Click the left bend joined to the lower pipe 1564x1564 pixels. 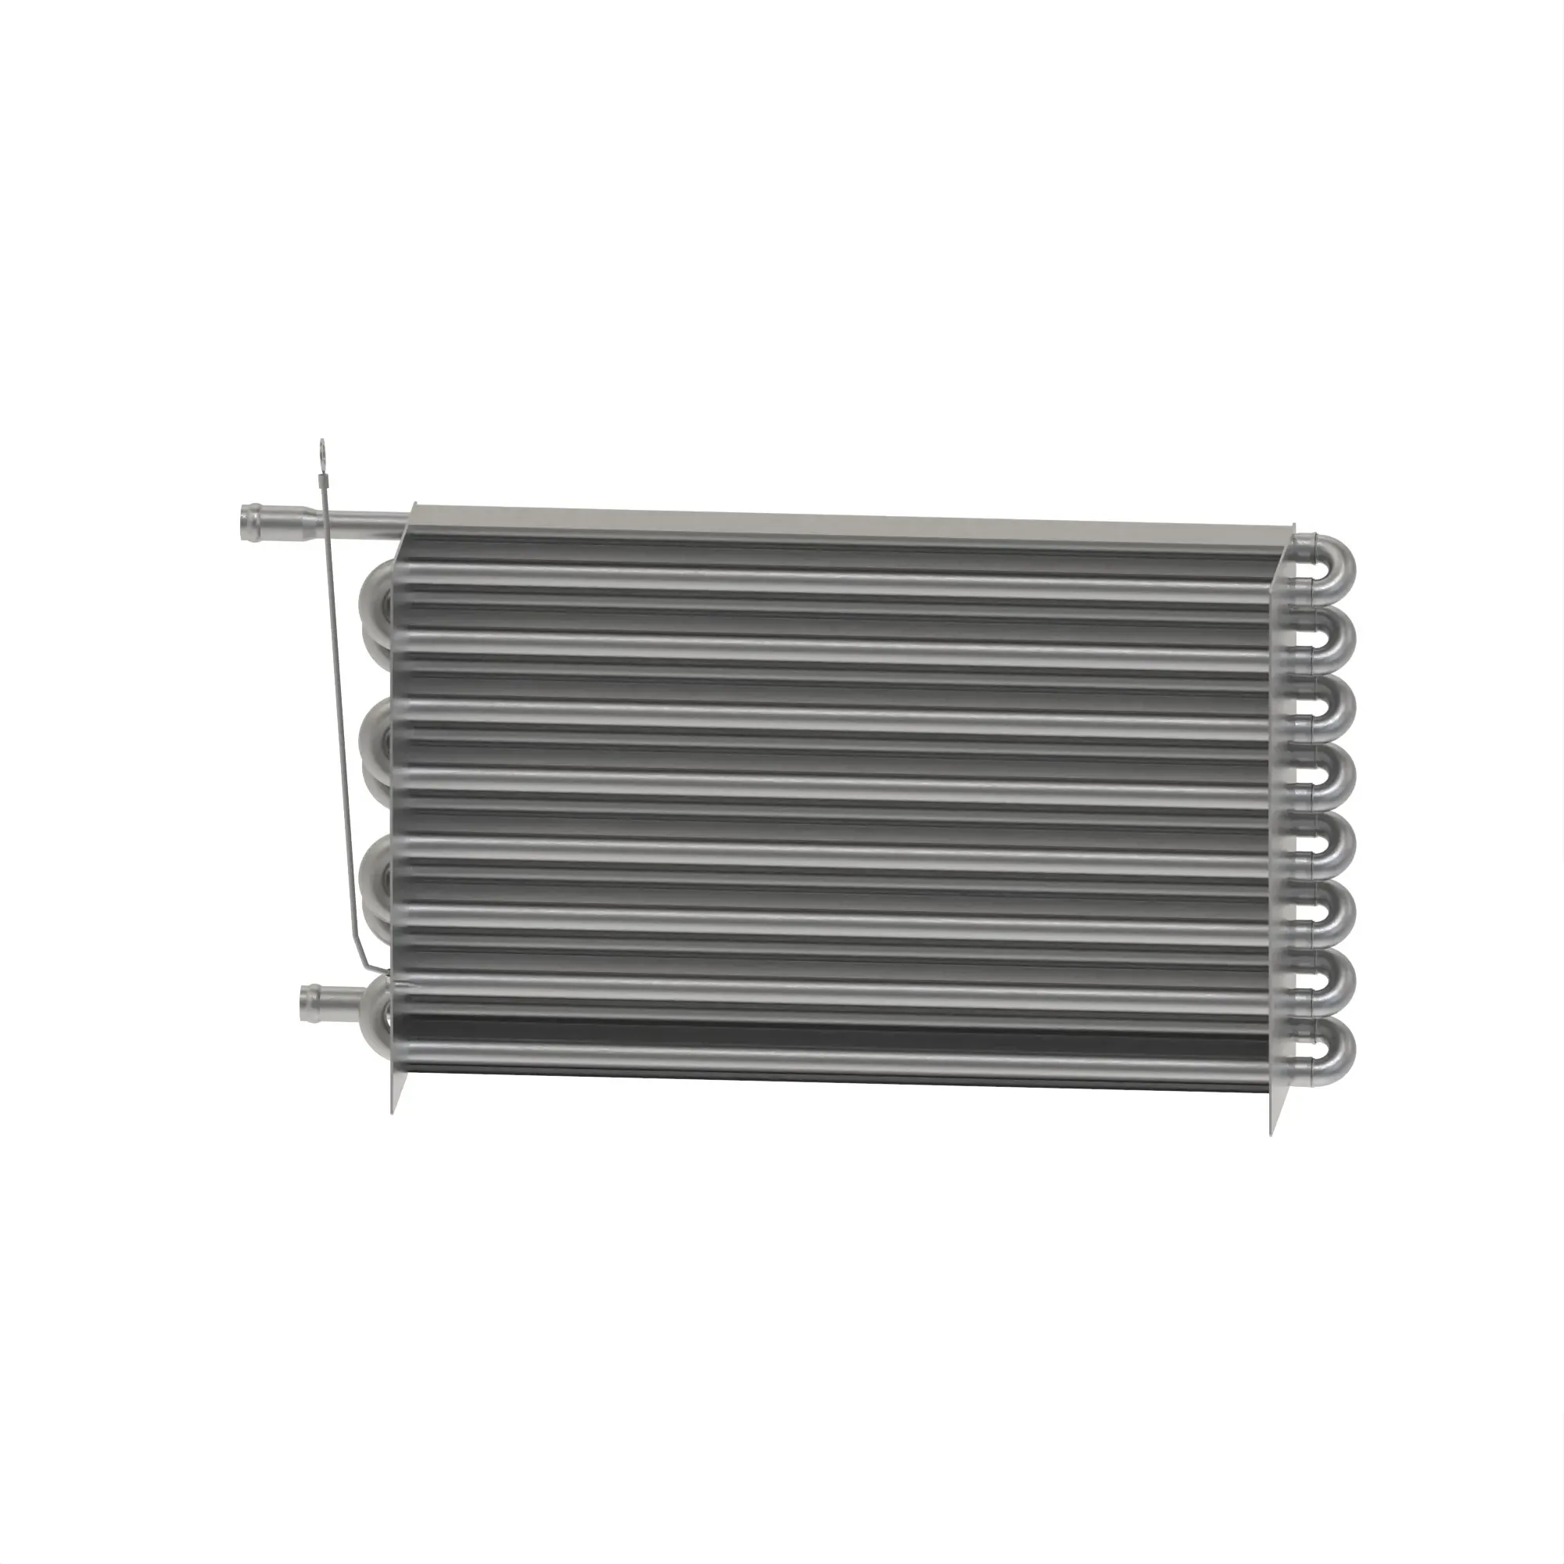point(373,1003)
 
